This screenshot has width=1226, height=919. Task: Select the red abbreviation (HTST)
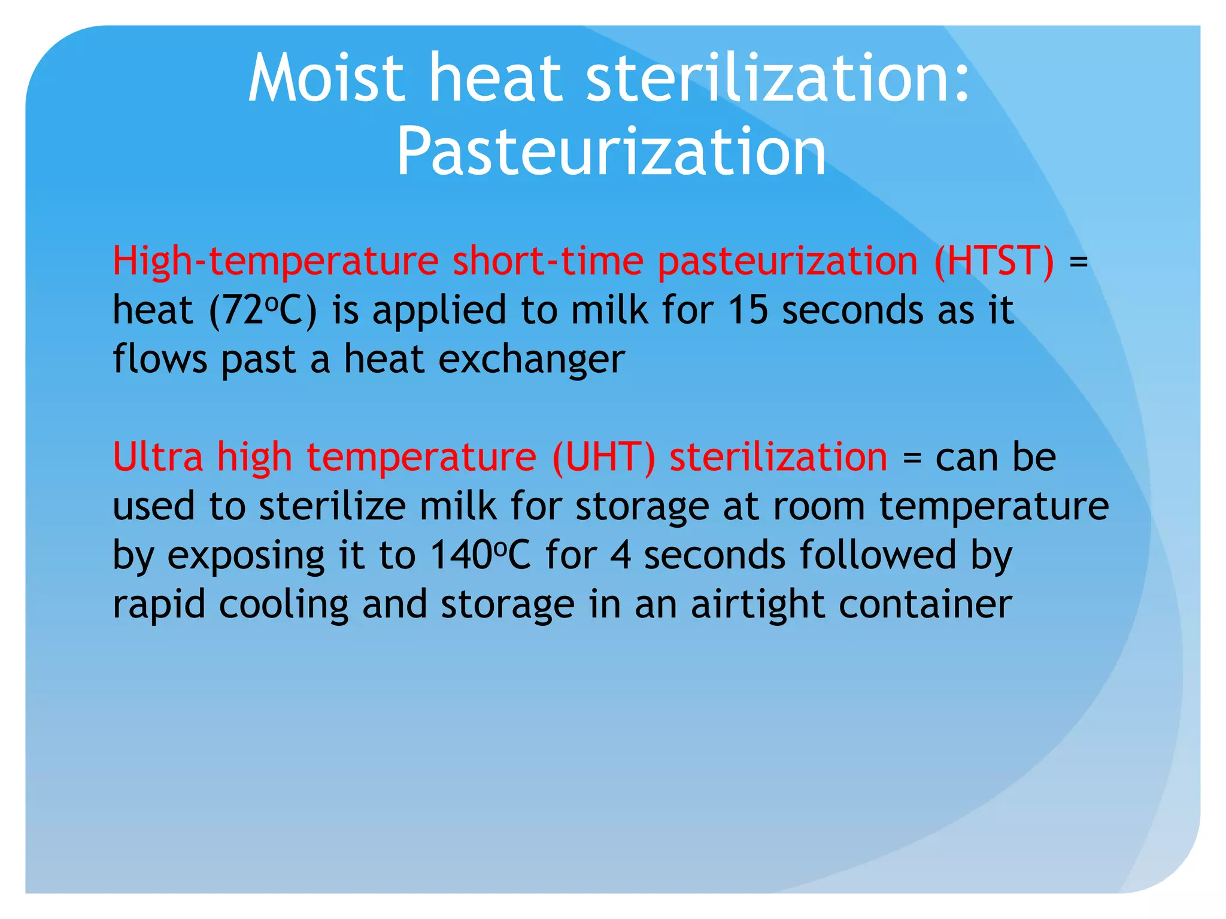[994, 261]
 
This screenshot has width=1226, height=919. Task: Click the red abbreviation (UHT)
[603, 457]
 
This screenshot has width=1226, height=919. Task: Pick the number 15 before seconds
[748, 311]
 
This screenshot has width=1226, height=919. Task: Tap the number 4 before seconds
[621, 555]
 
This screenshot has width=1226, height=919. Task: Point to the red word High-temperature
[276, 261]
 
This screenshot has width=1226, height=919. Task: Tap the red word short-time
[548, 261]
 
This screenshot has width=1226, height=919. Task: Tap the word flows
[160, 360]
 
